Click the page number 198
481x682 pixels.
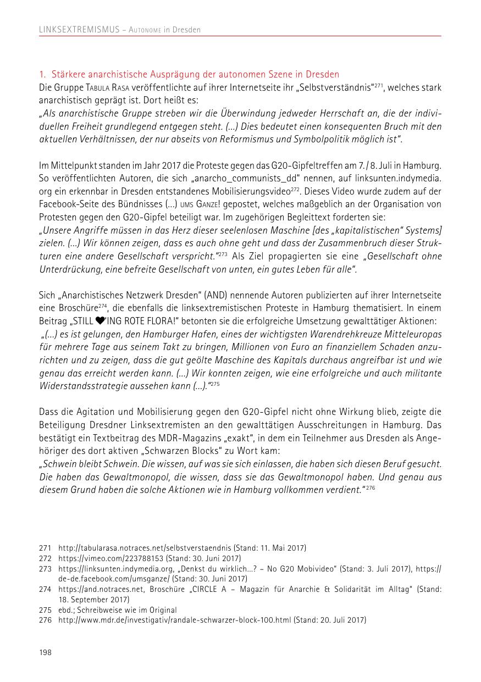(x=45, y=652)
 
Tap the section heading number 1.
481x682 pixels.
(x=41, y=74)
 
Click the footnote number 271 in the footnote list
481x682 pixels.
(x=45, y=548)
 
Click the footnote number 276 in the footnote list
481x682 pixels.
(x=45, y=620)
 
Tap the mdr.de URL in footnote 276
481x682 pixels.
(x=175, y=620)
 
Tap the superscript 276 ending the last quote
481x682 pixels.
(x=370, y=487)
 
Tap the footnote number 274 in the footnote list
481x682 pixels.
(x=45, y=589)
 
